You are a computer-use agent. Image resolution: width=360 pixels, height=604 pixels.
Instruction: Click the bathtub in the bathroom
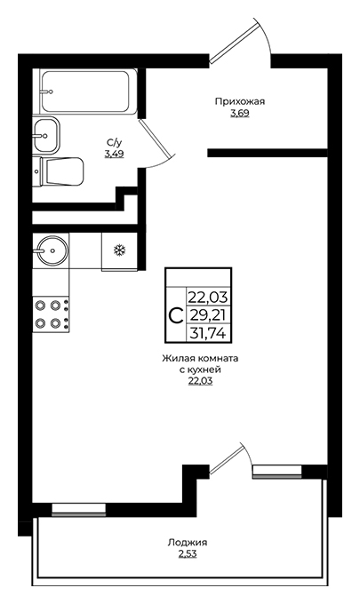88,91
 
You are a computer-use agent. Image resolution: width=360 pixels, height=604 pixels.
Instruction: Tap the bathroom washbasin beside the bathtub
46,135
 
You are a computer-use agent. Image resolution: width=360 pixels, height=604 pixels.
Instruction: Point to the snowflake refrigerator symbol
119,250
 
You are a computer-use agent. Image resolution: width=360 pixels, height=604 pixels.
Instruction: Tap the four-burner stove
51,314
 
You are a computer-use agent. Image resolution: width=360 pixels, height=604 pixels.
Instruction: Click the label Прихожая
240,101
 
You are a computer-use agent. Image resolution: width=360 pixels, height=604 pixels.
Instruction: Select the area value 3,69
240,114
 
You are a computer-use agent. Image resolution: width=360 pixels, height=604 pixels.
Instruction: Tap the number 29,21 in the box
208,315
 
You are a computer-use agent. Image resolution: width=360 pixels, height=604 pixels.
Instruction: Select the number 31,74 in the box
208,332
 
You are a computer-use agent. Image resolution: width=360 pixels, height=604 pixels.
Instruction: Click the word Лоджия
188,543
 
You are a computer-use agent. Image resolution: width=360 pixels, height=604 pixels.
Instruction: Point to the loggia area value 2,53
188,554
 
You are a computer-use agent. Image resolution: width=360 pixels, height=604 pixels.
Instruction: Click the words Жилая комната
200,359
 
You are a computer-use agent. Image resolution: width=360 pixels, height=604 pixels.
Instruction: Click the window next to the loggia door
276,472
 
